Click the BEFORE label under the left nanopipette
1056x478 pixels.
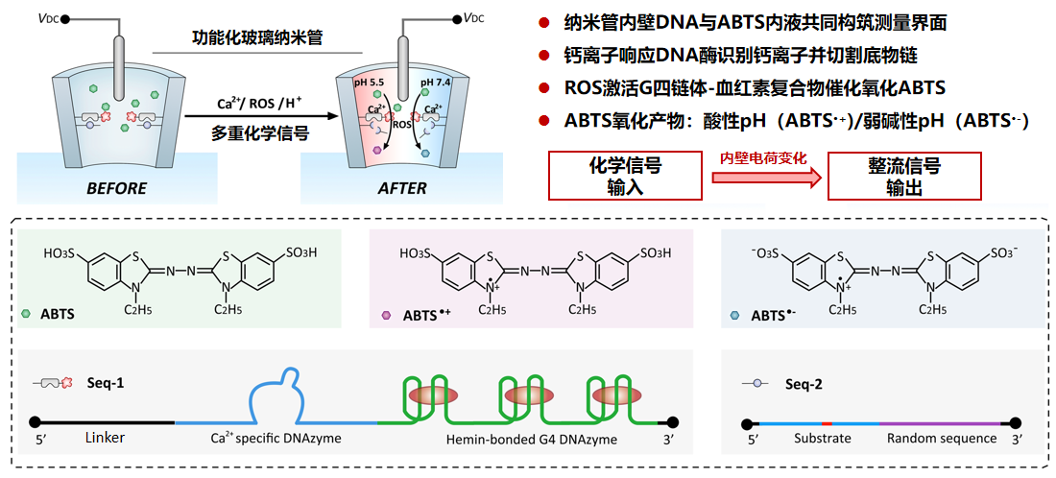pos(116,188)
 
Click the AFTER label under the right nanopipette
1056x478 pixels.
pos(402,188)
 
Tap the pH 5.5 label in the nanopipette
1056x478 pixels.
pos(369,84)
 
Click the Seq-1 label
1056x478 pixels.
pos(106,383)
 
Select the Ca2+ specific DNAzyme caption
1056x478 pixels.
pos(276,439)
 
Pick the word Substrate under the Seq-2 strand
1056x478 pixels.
pos(822,439)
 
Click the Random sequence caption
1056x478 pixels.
pos(941,439)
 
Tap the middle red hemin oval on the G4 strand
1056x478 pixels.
pos(522,395)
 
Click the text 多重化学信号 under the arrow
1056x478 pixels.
pos(259,134)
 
